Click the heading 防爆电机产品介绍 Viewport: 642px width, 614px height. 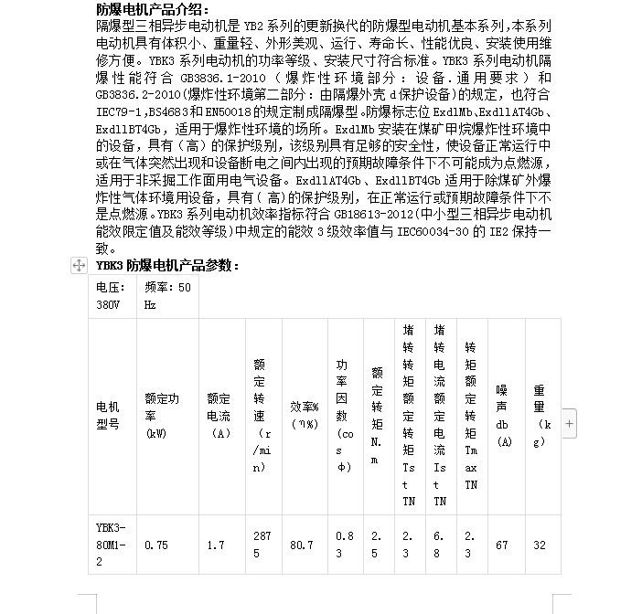(153, 9)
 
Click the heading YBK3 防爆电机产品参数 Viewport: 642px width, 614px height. (167, 266)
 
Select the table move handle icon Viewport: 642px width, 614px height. (79, 265)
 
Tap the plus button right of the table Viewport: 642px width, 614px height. (570, 423)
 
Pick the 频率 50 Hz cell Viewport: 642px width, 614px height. (167, 296)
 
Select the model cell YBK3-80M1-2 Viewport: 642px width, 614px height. (111, 545)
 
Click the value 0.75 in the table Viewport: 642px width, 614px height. (156, 545)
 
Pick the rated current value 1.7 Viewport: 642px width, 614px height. (216, 545)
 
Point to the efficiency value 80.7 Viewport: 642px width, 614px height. (302, 545)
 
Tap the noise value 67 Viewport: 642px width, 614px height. (501, 545)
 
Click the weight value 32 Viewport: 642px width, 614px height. (540, 545)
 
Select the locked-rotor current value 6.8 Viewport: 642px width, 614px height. (439, 545)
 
